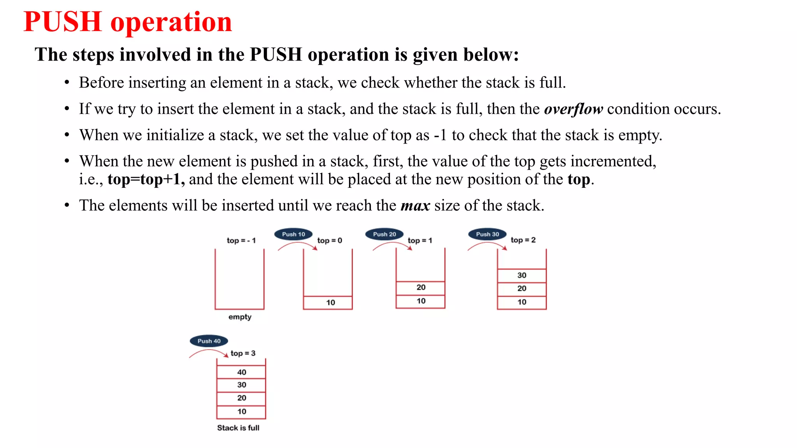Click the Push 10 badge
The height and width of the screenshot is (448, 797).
[x=293, y=234]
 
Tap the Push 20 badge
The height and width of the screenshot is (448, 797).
[x=384, y=234]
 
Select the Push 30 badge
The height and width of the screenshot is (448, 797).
[x=487, y=234]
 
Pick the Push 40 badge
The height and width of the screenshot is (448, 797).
[x=209, y=341]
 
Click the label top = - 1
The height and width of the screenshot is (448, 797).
[x=241, y=240]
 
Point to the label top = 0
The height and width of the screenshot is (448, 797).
[x=330, y=240]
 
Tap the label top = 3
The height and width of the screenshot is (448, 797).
[x=243, y=353]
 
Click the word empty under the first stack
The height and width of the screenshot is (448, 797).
[x=240, y=317]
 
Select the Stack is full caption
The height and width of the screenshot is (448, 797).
[x=238, y=428]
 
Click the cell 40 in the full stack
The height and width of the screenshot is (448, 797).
[x=242, y=372]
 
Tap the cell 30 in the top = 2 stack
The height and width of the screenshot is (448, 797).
[x=522, y=275]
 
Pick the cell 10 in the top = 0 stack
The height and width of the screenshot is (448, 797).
[x=330, y=303]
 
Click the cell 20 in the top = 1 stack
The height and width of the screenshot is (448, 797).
[x=421, y=287]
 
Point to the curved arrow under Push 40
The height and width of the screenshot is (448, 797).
[x=209, y=352]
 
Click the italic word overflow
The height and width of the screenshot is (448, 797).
[x=573, y=109]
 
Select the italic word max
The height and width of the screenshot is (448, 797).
[x=415, y=205]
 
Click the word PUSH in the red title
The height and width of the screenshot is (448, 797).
[x=63, y=22]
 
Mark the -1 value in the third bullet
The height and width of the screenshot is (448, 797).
[x=440, y=135]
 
